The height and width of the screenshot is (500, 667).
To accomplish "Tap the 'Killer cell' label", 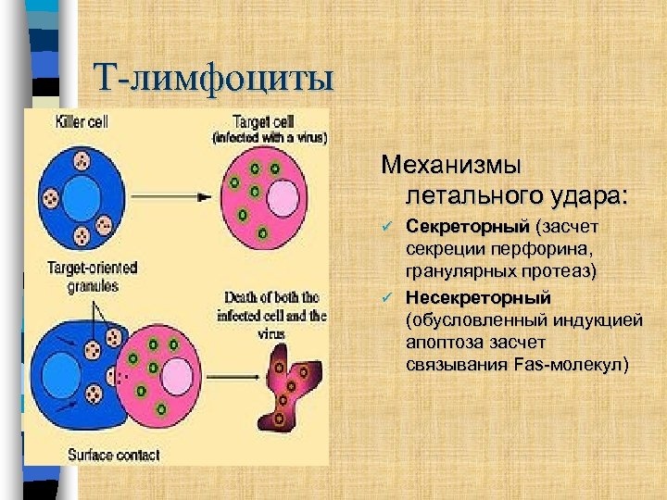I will (x=82, y=122).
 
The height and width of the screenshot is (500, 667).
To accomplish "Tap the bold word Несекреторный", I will (x=478, y=297).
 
